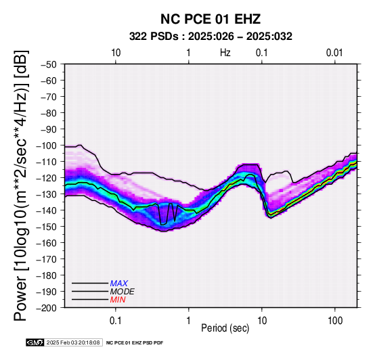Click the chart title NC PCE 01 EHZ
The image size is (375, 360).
211,19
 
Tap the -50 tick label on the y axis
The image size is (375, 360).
49,64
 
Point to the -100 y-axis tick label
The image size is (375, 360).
47,145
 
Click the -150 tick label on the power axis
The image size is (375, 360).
47,227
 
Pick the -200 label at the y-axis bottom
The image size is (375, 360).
47,308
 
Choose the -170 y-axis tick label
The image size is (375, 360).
47,259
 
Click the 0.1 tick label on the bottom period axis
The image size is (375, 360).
116,321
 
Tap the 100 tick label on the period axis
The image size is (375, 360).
335,321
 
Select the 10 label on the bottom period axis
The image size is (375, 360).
262,321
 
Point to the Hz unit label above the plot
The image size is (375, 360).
225,53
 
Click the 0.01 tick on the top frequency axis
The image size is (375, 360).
334,53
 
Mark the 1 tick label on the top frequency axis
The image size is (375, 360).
189,53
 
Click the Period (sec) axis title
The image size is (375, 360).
225,328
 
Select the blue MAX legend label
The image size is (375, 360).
119,284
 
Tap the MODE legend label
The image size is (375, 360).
123,292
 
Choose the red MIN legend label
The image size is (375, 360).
118,300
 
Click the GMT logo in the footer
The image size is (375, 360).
35,342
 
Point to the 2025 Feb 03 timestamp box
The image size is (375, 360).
73,342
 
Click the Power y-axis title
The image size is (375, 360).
20,185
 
